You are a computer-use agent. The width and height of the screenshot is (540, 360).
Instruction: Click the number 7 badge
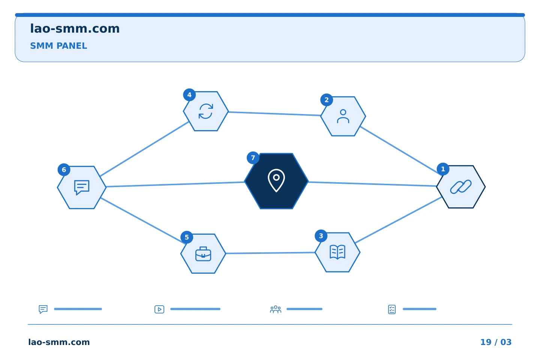[253, 158]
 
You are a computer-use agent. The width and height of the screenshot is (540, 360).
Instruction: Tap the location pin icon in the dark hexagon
[276, 180]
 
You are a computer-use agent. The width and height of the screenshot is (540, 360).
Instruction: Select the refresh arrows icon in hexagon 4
[205, 111]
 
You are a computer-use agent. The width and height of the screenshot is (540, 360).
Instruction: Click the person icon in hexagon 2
[343, 116]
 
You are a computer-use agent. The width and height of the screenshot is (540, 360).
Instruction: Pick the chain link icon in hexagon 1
[460, 187]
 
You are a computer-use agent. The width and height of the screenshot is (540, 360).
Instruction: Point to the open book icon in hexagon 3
[337, 252]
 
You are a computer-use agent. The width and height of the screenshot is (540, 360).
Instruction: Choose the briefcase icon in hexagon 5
[203, 253]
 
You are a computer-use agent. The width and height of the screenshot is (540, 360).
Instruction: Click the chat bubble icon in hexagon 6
[82, 187]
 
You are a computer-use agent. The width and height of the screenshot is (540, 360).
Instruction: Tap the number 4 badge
[189, 95]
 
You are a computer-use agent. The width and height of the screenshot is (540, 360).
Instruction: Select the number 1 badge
[443, 169]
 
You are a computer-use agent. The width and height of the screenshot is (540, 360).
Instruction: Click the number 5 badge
[187, 237]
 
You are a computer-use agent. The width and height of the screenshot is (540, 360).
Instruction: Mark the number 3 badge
[321, 236]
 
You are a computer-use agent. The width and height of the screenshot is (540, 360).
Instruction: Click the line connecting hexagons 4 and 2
[274, 114]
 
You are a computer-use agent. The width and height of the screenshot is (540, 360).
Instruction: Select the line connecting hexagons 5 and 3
[270, 253]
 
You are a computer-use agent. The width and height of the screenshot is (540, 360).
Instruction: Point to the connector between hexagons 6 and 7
[175, 184]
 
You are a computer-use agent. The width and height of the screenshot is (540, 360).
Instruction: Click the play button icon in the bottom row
[159, 309]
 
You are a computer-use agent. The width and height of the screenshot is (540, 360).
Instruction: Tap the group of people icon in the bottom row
[276, 309]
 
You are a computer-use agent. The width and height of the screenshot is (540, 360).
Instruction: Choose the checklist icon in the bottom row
[392, 309]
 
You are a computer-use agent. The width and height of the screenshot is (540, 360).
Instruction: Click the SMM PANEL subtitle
[58, 46]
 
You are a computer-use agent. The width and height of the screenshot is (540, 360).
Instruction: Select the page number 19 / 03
[496, 342]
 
